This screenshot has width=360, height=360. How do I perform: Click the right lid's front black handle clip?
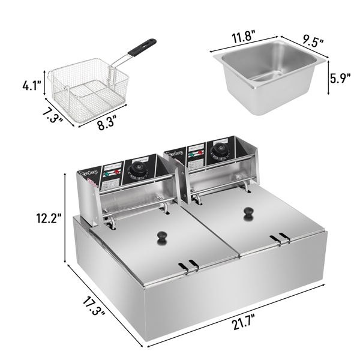coord(277,239)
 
